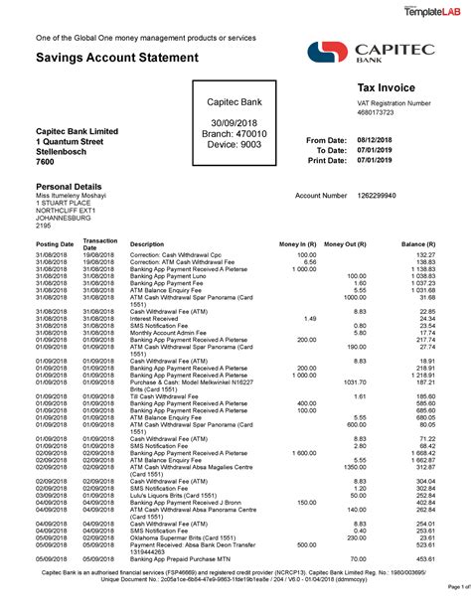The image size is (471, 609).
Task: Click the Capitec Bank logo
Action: pyautogui.click(x=372, y=55)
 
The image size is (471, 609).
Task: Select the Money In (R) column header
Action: pyautogui.click(x=297, y=243)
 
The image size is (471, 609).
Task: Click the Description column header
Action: pyautogui.click(x=147, y=243)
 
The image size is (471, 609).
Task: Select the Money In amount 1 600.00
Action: pyautogui.click(x=299, y=452)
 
